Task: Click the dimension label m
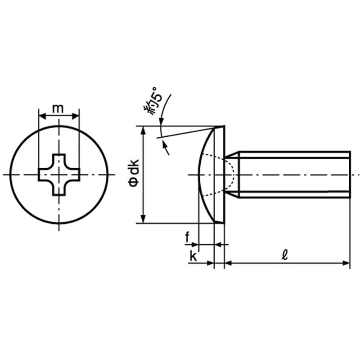pyautogui.click(x=58, y=108)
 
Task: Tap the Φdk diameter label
pyautogui.click(x=134, y=173)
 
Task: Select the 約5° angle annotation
pyautogui.click(x=153, y=101)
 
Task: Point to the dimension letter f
pyautogui.click(x=187, y=238)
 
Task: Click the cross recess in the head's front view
pyautogui.click(x=59, y=175)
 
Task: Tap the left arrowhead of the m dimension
pyautogui.click(x=42, y=116)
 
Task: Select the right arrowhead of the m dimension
pyautogui.click(x=76, y=116)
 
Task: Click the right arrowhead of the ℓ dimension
pyautogui.click(x=346, y=263)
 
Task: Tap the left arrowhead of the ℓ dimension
pyautogui.click(x=229, y=263)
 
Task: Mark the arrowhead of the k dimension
pyautogui.click(x=210, y=263)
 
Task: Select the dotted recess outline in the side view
pyautogui.click(x=218, y=175)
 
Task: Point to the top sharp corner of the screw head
pyautogui.click(x=224, y=126)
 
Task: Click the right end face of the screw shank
pyautogui.click(x=350, y=175)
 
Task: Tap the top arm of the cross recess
pyautogui.click(x=59, y=161)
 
